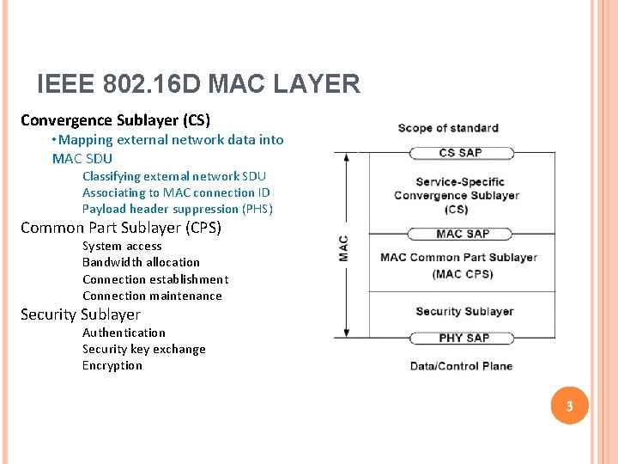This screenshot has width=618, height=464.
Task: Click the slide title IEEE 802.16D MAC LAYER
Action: click(x=198, y=84)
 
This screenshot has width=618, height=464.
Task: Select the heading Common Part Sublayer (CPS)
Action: click(x=121, y=228)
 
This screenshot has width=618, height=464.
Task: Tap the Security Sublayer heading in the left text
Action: click(x=81, y=314)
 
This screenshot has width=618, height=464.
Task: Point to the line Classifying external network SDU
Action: click(x=174, y=176)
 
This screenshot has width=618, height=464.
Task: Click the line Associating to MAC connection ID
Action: click(x=176, y=192)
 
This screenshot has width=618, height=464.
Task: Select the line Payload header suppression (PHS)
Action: click(x=178, y=209)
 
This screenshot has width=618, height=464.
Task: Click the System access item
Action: click(x=122, y=246)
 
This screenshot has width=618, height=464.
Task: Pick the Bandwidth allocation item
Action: click(x=141, y=262)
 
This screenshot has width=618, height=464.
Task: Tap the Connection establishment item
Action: click(x=155, y=279)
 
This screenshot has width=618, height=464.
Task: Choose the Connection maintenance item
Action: click(x=152, y=296)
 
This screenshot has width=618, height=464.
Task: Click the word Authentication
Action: click(x=124, y=333)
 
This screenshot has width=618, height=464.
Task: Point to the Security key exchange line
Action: click(x=143, y=349)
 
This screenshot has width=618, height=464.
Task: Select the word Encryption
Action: click(x=112, y=365)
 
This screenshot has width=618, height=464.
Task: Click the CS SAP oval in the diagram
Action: click(x=461, y=153)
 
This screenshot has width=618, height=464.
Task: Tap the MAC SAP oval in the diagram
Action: click(x=462, y=234)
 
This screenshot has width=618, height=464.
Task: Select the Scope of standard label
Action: click(x=448, y=128)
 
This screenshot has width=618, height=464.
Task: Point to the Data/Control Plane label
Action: click(x=461, y=366)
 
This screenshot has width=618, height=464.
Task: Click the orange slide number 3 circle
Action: click(x=567, y=406)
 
